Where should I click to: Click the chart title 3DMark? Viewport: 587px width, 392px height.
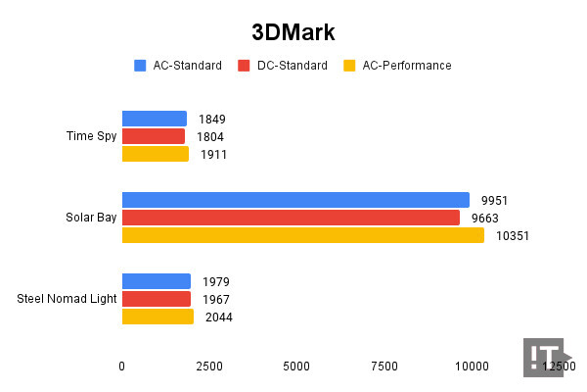click(x=293, y=31)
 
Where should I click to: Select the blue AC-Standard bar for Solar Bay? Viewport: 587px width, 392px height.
click(x=295, y=200)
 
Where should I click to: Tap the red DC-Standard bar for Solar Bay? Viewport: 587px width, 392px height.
click(x=291, y=218)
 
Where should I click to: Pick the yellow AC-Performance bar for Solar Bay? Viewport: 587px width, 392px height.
click(x=302, y=235)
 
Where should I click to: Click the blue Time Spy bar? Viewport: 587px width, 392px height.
click(x=154, y=119)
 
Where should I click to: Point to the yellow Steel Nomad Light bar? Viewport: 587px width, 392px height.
click(x=158, y=317)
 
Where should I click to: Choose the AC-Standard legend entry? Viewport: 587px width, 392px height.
click(x=176, y=66)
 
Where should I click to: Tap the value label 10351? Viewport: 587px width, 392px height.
click(x=509, y=235)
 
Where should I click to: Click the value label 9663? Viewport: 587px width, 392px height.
click(x=485, y=218)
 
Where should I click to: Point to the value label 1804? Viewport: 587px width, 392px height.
click(x=210, y=136)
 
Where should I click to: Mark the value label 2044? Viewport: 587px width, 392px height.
click(x=218, y=317)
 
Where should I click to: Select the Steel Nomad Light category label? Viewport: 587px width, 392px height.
click(x=67, y=299)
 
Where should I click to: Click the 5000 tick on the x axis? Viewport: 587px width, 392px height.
click(x=296, y=366)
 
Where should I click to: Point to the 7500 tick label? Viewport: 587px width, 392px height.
click(x=384, y=366)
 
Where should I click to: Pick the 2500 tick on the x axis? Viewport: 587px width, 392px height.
click(x=208, y=366)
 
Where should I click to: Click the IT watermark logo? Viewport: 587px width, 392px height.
click(x=544, y=358)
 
